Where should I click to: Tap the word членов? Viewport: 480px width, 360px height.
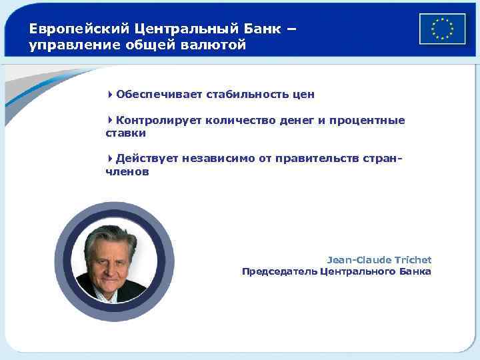[127, 172]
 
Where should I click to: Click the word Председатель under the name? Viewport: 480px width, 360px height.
[279, 272]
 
